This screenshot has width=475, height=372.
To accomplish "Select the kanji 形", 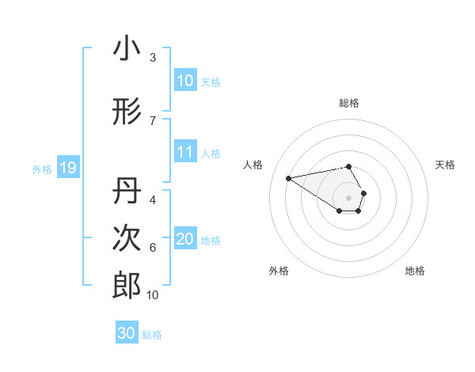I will [127, 112].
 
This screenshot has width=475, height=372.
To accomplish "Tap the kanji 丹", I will [127, 190].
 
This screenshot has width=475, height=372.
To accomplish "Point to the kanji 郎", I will [127, 286].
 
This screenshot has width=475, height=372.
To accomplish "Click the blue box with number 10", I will [185, 81].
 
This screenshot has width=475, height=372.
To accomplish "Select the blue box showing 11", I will [185, 152].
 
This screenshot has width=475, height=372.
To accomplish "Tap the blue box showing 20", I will [185, 239].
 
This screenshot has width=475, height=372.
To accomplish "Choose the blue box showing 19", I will [67, 168].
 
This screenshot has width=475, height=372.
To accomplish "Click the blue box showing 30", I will [127, 333].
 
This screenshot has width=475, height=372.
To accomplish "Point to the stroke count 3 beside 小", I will [153, 58].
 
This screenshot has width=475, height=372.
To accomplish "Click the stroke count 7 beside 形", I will [153, 120].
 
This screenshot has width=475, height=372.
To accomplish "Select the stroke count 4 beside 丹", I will [153, 199].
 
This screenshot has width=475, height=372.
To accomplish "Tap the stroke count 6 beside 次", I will [153, 247].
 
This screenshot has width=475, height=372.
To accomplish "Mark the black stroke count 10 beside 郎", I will [153, 295].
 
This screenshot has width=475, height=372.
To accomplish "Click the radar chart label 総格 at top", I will [349, 103].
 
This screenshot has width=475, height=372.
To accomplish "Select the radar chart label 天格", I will [446, 165].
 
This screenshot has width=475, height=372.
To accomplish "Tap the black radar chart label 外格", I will [279, 271].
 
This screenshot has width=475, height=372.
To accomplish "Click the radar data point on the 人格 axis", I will [288, 177].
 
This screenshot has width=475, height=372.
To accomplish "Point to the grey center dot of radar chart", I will [349, 197].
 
